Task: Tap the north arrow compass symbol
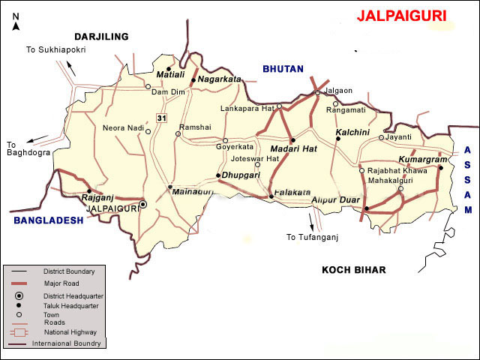[x=16, y=20]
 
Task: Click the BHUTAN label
[x=282, y=69]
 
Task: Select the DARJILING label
[x=101, y=36]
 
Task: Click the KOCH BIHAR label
[x=358, y=270]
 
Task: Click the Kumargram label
[x=423, y=160]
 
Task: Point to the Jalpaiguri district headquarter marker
[x=143, y=203]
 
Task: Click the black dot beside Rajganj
[x=88, y=190]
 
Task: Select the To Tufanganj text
[x=313, y=237]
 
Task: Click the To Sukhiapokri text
[x=57, y=49]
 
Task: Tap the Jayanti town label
[x=400, y=137]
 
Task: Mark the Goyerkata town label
[x=235, y=147]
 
